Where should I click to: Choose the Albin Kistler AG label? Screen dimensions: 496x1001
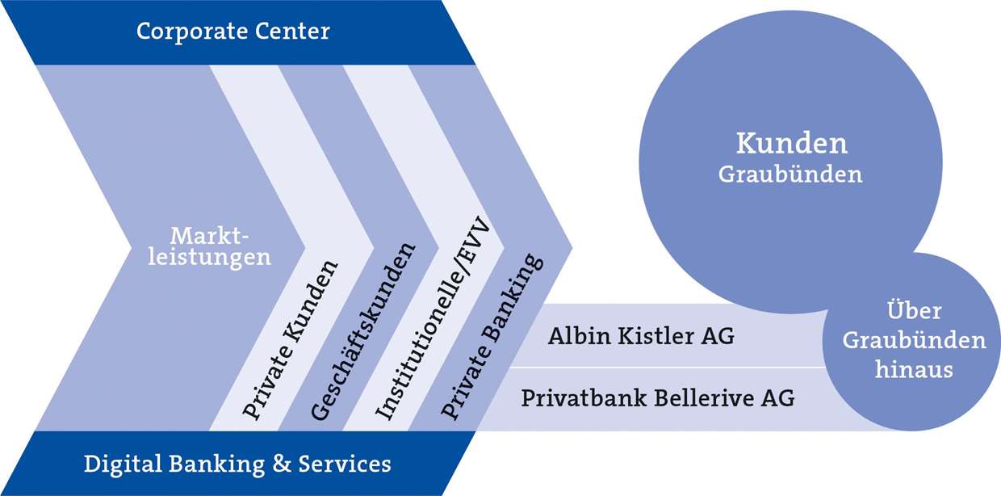pyautogui.click(x=641, y=336)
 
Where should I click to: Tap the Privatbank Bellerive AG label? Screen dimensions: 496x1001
pyautogui.click(x=657, y=398)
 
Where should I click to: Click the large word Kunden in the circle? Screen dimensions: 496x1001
pyautogui.click(x=791, y=144)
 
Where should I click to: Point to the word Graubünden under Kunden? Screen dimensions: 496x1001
pyautogui.click(x=790, y=174)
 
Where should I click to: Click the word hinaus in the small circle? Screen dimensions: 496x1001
pyautogui.click(x=914, y=371)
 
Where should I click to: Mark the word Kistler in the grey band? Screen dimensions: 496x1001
pyautogui.click(x=655, y=336)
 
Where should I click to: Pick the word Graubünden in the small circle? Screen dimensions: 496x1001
pyautogui.click(x=914, y=341)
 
